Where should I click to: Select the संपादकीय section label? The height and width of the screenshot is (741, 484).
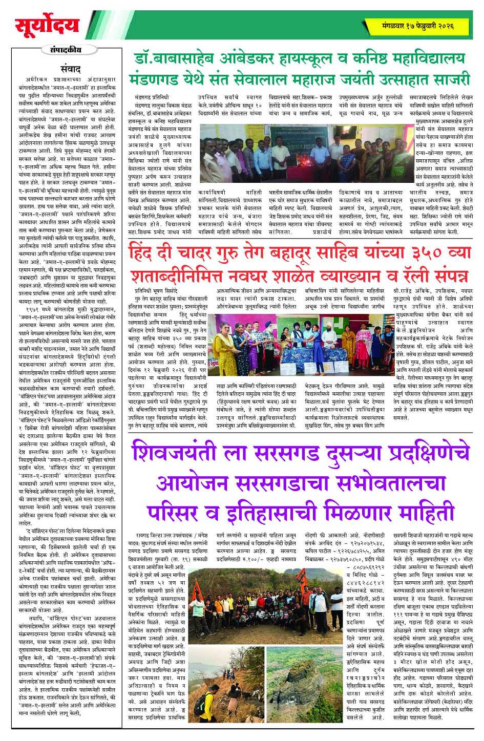point(66,50)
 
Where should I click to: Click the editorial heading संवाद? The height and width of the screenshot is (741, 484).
point(70,68)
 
